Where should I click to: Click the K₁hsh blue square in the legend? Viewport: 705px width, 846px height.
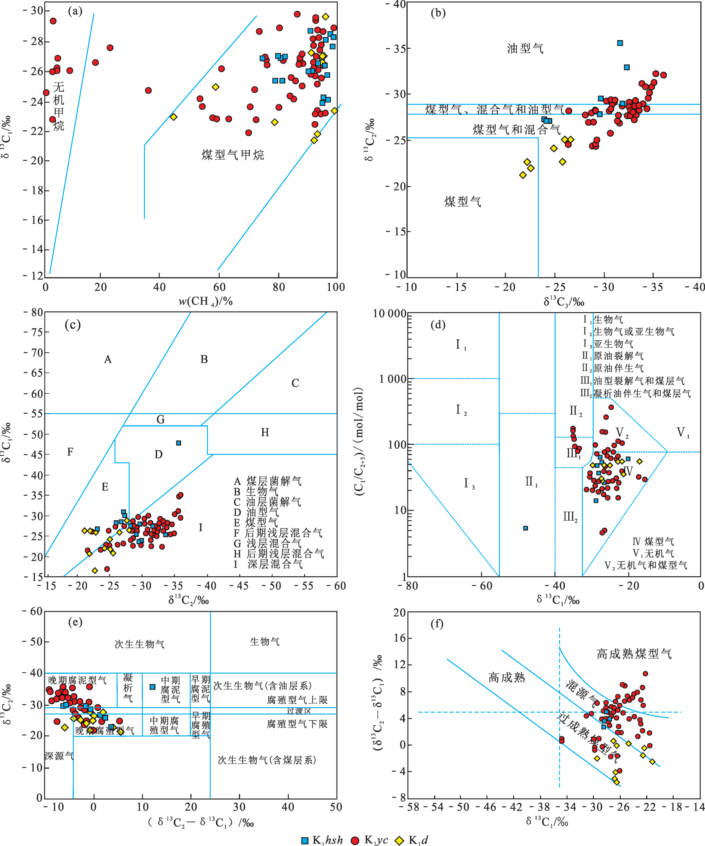(305, 840)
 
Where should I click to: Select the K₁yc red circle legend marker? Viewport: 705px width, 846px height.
(355, 840)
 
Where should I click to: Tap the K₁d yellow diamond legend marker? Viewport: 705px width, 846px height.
(399, 840)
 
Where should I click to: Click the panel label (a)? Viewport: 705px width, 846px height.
(75, 11)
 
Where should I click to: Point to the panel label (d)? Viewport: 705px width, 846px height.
(438, 324)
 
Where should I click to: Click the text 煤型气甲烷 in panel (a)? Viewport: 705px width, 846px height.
(232, 155)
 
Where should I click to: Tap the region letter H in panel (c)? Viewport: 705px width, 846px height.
(265, 432)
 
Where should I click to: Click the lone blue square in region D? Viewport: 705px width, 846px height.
(179, 443)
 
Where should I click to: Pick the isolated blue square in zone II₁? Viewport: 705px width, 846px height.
(525, 528)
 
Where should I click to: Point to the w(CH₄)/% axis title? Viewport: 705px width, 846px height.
(205, 301)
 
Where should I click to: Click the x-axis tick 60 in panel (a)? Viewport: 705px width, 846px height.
(219, 287)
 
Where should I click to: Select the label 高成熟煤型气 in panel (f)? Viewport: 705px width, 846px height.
(634, 654)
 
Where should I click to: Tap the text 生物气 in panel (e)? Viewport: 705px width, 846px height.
(265, 642)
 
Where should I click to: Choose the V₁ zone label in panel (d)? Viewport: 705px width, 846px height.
(683, 433)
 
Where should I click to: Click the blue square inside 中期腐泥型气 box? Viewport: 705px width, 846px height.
(152, 687)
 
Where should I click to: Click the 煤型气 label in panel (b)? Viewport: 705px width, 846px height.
(463, 202)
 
